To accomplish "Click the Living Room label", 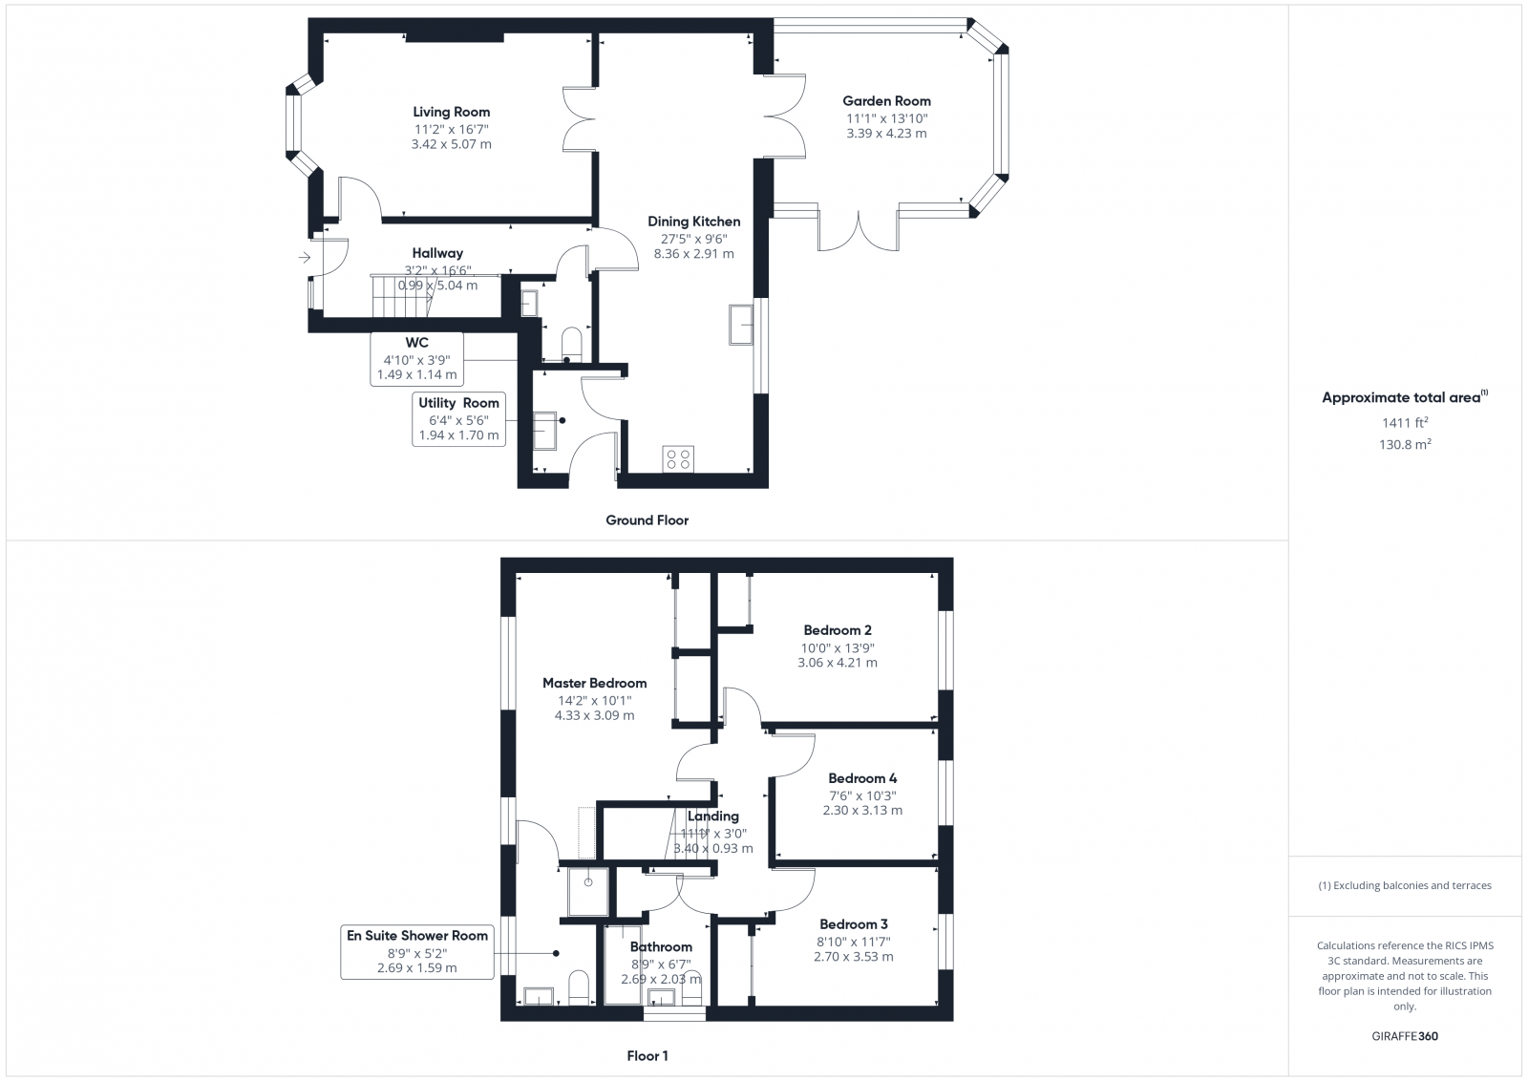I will [x=452, y=113].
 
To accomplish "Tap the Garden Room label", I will [x=886, y=101].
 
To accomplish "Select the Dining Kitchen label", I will [x=693, y=222].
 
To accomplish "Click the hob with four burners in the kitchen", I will [x=679, y=458].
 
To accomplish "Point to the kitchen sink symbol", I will [x=741, y=324].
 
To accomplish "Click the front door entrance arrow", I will [x=305, y=257].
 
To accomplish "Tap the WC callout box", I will [x=416, y=358].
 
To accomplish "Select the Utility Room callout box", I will [x=458, y=418].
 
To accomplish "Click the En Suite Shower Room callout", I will [x=417, y=951].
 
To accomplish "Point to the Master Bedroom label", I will [x=594, y=684].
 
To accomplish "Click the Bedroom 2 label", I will [x=837, y=630].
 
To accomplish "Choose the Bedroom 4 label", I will [x=861, y=778].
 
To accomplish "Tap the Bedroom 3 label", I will [x=853, y=924].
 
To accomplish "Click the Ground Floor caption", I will [x=647, y=520].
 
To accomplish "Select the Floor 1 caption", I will [x=647, y=1056].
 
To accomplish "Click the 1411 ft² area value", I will [x=1404, y=422].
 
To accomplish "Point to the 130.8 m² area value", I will [x=1405, y=444].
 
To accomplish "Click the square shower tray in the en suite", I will [x=588, y=889].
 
